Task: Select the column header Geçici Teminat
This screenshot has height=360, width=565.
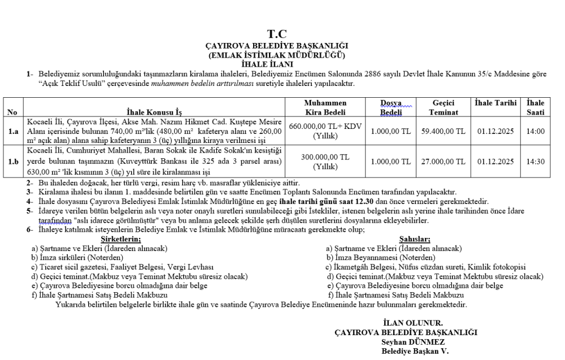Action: (443, 107)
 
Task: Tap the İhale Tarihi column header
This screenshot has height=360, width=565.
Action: (496, 103)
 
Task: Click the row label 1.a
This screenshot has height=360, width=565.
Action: (12, 132)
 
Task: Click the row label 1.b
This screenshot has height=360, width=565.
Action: (12, 161)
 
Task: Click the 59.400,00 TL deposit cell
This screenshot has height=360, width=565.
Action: (443, 132)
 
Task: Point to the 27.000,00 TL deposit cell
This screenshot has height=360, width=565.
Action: (443, 161)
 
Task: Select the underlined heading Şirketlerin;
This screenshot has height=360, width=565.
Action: (128, 239)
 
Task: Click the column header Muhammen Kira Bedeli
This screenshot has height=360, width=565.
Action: (325, 107)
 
